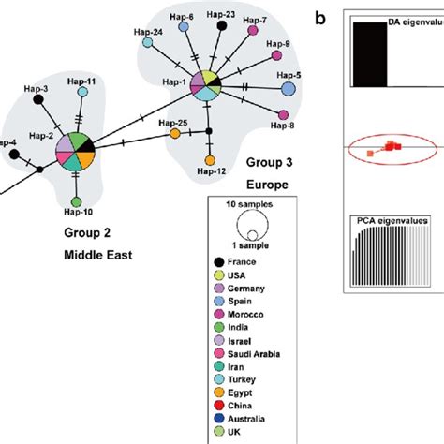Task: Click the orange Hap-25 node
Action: tap(175, 134)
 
